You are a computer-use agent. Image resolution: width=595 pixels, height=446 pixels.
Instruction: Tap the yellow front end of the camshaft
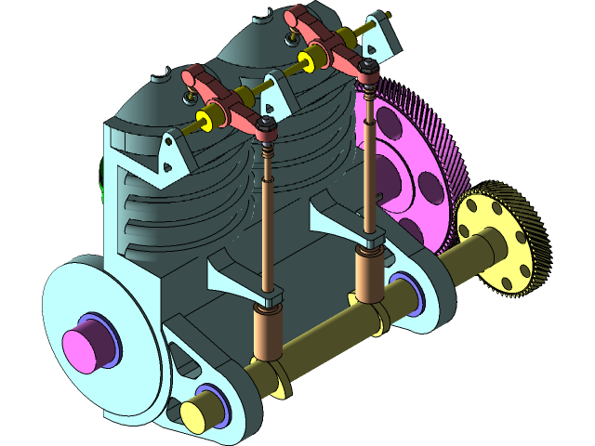coord(197,414)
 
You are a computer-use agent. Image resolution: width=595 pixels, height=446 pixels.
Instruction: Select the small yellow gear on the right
coord(506,240)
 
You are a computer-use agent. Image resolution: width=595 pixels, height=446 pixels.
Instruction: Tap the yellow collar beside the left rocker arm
coord(211,116)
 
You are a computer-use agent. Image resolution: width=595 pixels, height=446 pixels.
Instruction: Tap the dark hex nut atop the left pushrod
coord(267,125)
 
